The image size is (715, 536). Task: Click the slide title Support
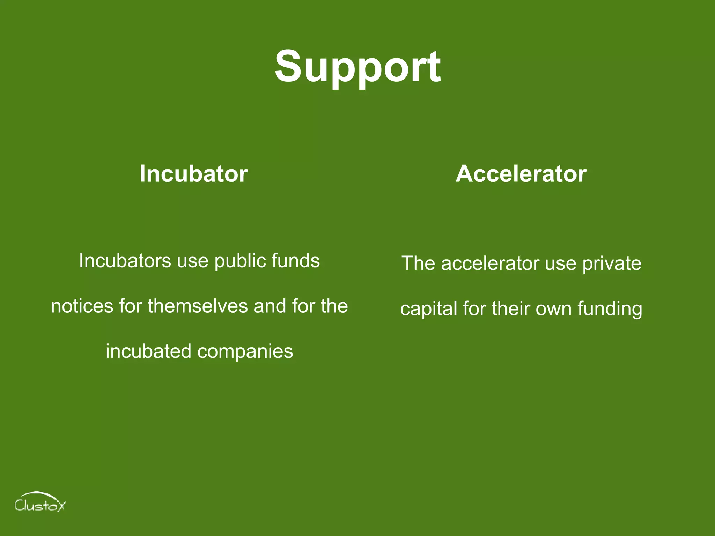[x=357, y=67]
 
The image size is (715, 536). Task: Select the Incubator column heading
[x=193, y=173]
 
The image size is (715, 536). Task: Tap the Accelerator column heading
[x=521, y=173]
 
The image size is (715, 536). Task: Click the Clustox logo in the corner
[x=40, y=502]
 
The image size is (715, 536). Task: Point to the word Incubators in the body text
[x=125, y=261]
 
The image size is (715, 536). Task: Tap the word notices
[x=82, y=306]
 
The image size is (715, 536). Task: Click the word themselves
[x=198, y=306]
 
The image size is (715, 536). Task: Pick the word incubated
[x=148, y=351]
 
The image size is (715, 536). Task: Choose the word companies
[x=245, y=351]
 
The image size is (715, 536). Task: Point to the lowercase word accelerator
[x=490, y=263]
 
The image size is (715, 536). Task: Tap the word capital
[x=429, y=309]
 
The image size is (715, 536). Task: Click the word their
[x=511, y=308]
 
